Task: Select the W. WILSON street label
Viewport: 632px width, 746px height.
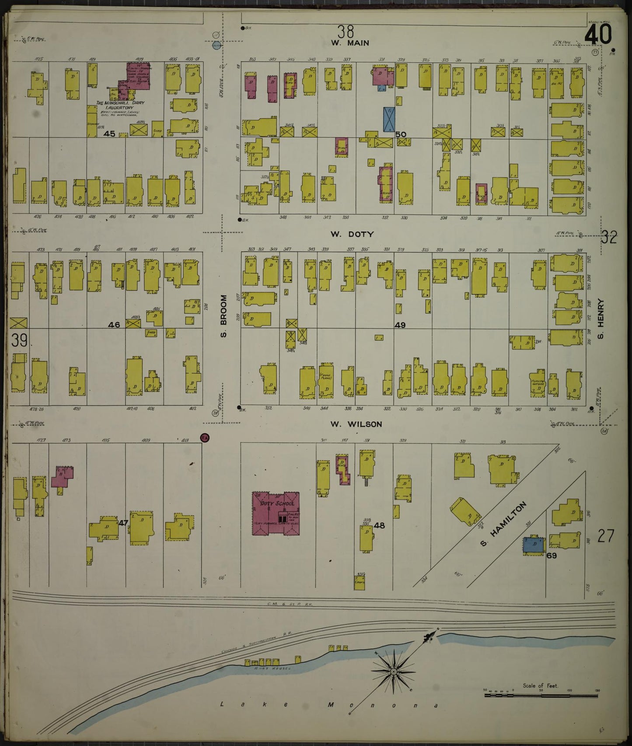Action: (356, 424)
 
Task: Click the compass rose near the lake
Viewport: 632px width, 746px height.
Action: (393, 672)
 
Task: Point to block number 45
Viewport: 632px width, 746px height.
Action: (109, 134)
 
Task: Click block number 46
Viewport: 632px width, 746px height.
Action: (114, 325)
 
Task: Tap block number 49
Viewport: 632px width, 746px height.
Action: (400, 325)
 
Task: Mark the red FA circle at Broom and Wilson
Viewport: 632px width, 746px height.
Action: (204, 437)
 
